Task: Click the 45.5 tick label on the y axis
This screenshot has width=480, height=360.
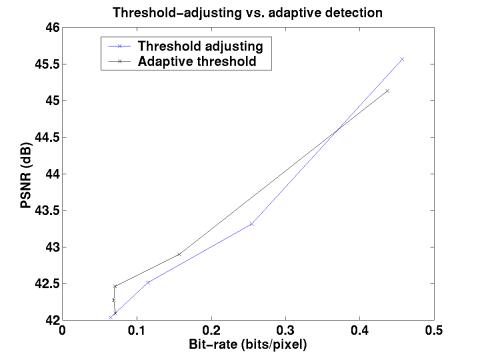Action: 44,65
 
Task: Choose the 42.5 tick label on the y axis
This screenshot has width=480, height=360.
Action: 44,284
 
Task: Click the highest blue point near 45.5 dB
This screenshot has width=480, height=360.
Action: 402,60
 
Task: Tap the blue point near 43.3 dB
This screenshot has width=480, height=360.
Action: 252,224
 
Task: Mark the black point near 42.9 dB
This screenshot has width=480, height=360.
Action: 180,254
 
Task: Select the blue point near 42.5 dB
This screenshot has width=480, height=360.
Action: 148,282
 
